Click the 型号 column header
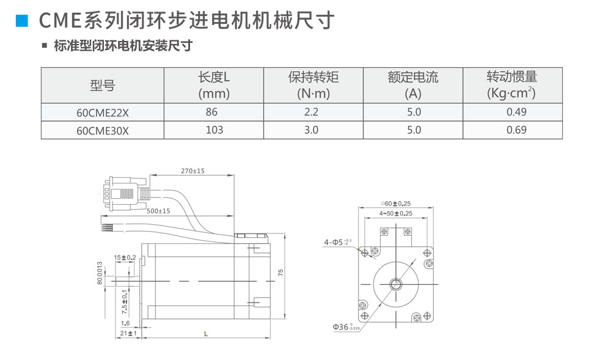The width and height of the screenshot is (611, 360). [102, 86]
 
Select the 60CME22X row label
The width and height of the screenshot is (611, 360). [103, 112]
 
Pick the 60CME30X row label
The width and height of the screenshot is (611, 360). [103, 130]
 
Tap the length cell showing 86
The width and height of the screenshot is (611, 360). [212, 112]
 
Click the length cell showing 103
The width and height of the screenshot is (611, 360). [214, 130]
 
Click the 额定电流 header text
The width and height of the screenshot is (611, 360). [413, 78]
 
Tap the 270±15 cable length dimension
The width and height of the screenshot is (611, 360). [193, 171]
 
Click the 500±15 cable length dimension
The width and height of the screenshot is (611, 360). [158, 211]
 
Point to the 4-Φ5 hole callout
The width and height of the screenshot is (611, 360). [338, 243]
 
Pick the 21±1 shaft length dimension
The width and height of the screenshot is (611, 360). [128, 334]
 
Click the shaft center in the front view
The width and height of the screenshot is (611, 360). [397, 284]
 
